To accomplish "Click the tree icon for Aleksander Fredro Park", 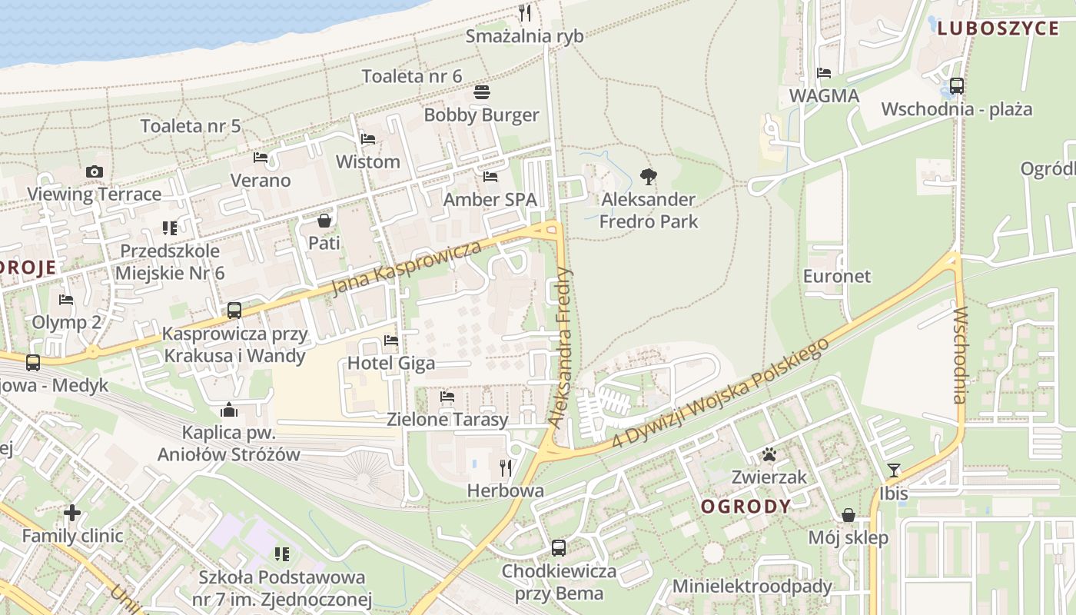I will tap(649, 177).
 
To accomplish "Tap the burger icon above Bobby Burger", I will tap(482, 92).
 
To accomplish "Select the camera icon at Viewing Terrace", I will tap(95, 171).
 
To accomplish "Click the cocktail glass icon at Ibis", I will tap(893, 470).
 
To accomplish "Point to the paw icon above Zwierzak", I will tap(769, 454).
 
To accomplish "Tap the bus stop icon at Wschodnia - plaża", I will tap(957, 86).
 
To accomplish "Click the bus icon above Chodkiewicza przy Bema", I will tap(559, 548).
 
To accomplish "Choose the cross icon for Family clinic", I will tap(72, 513).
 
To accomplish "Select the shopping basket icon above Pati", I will tap(324, 221).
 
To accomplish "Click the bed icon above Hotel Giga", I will tap(391, 340).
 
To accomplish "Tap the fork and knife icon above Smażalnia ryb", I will tap(525, 13).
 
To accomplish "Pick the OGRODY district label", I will tap(746, 506).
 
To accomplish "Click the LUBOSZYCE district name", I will tap(998, 29).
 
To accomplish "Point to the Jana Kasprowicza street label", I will tap(407, 268).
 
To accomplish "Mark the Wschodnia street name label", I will tap(959, 354).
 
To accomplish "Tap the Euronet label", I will tap(837, 276).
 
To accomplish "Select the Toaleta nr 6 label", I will tap(412, 76).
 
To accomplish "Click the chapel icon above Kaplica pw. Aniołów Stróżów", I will tap(229, 410).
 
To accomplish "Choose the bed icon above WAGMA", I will tap(824, 73).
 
